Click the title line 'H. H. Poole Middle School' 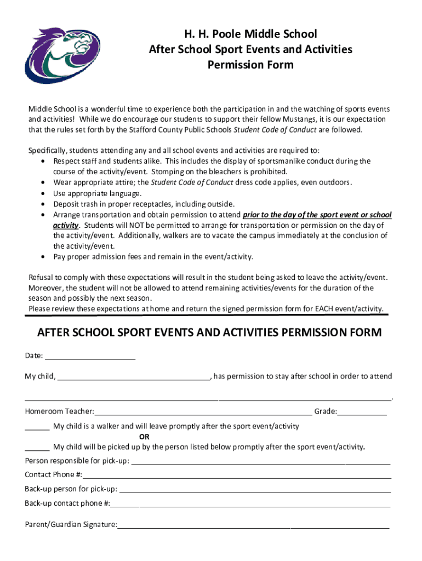250,35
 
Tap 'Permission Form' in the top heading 250,65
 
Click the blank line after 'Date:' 90,356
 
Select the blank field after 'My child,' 133,376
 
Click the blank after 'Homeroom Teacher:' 203,412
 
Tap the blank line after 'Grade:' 362,412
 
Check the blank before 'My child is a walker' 37,427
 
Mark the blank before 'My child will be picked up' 37,447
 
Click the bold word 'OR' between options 144,437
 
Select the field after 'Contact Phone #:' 237,475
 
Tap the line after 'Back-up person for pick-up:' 255,489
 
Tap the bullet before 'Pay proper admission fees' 43,257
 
